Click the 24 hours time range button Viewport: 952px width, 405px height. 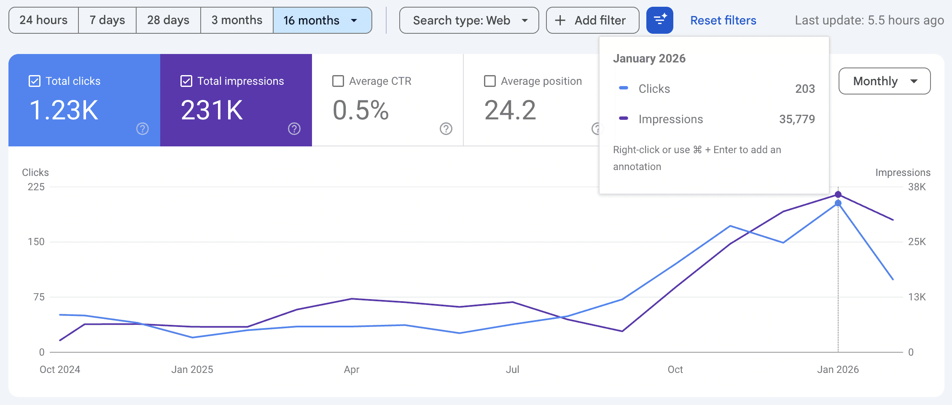(43, 20)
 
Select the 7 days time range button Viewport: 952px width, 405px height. (107, 20)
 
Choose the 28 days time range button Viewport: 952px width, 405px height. (168, 20)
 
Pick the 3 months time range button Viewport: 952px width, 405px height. (237, 20)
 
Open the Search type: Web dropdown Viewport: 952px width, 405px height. (469, 20)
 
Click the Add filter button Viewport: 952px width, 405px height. (592, 20)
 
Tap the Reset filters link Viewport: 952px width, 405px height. (723, 20)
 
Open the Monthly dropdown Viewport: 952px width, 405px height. (884, 81)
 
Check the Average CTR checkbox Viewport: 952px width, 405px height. (338, 81)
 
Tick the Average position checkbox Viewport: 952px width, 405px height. (490, 81)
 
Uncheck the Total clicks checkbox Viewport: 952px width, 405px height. (35, 81)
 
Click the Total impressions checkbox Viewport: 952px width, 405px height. (186, 81)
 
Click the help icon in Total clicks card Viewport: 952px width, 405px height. (143, 129)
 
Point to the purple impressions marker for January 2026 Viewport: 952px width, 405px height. (838, 194)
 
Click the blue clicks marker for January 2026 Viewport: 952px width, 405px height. (838, 203)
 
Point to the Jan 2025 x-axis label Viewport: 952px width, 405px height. (192, 370)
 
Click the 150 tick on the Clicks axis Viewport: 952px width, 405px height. (36, 242)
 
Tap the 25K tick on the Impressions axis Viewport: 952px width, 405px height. (917, 242)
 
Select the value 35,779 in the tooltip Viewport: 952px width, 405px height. (797, 119)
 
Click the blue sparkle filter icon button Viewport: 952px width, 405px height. (659, 20)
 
